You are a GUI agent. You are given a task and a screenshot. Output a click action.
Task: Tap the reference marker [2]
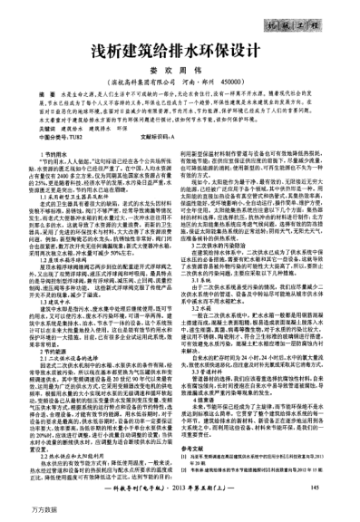point(196,480)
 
